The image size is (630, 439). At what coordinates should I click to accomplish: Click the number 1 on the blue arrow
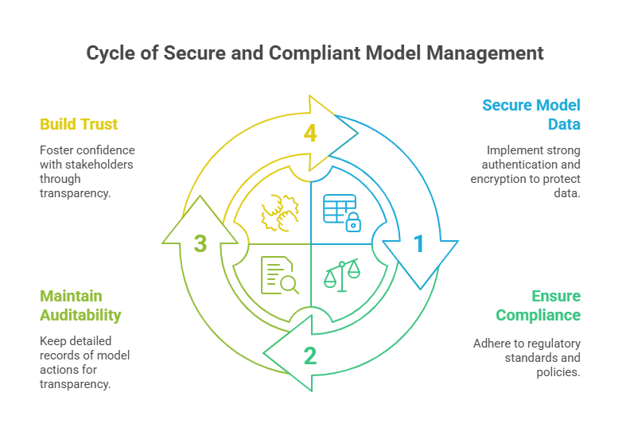coord(418,243)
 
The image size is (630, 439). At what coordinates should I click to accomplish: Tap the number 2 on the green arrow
coord(310,355)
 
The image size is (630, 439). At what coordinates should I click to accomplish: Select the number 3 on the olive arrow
coord(200,243)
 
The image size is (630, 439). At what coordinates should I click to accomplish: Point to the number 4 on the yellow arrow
coord(310,133)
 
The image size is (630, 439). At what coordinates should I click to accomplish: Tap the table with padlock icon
coord(341,212)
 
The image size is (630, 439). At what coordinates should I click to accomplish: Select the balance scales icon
coord(341,274)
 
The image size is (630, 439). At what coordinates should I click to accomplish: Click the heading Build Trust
coord(79,124)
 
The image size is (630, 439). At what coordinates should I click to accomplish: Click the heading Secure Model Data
coord(531,115)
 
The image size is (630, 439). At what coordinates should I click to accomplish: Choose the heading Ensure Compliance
coord(538,306)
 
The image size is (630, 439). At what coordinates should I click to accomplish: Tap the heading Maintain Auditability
coord(80,306)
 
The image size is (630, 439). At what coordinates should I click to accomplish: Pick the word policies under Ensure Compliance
coord(562,372)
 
